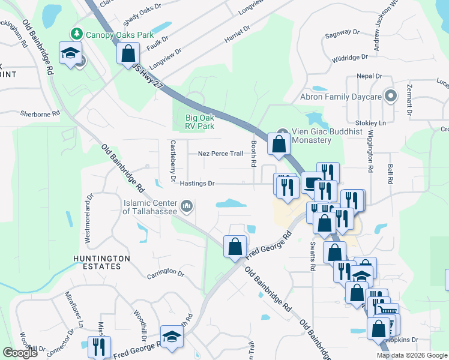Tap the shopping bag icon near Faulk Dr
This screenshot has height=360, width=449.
point(128,53)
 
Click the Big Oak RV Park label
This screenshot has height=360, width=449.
point(199,122)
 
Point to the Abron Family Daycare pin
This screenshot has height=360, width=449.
point(391,96)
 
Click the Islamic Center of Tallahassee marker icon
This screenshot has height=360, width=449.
point(187,207)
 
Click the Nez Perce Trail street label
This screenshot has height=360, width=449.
point(220,154)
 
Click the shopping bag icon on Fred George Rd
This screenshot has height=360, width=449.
point(235,246)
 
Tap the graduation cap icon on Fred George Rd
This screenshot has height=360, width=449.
point(172,337)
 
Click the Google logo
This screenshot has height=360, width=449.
point(20,353)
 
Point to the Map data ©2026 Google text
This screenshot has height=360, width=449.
point(412,355)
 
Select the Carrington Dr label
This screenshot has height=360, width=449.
point(165,275)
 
